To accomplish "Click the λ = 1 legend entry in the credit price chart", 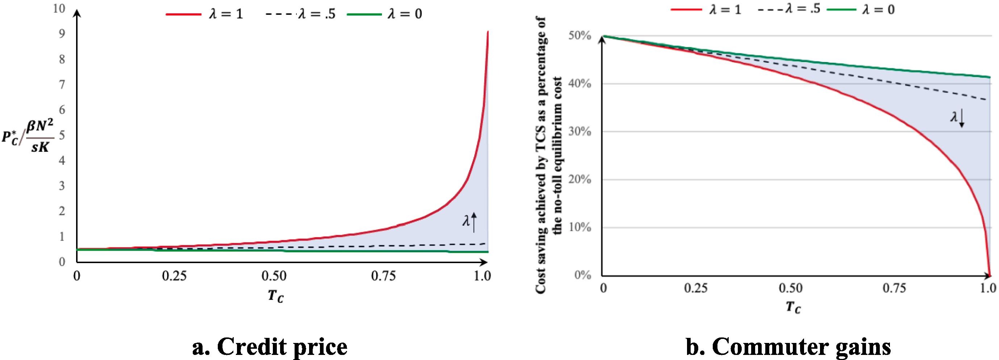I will [204, 15].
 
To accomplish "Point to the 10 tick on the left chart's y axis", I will [59, 9].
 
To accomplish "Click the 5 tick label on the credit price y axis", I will [62, 135].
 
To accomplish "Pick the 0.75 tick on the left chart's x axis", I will [383, 276].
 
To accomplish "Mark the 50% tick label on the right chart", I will [580, 36].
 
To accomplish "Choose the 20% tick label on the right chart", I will [580, 180].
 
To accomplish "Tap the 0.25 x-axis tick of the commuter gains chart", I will [696, 288].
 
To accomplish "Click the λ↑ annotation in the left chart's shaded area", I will [469, 222].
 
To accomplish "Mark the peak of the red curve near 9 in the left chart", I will [487, 32].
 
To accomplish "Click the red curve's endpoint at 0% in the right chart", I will [990, 275].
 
